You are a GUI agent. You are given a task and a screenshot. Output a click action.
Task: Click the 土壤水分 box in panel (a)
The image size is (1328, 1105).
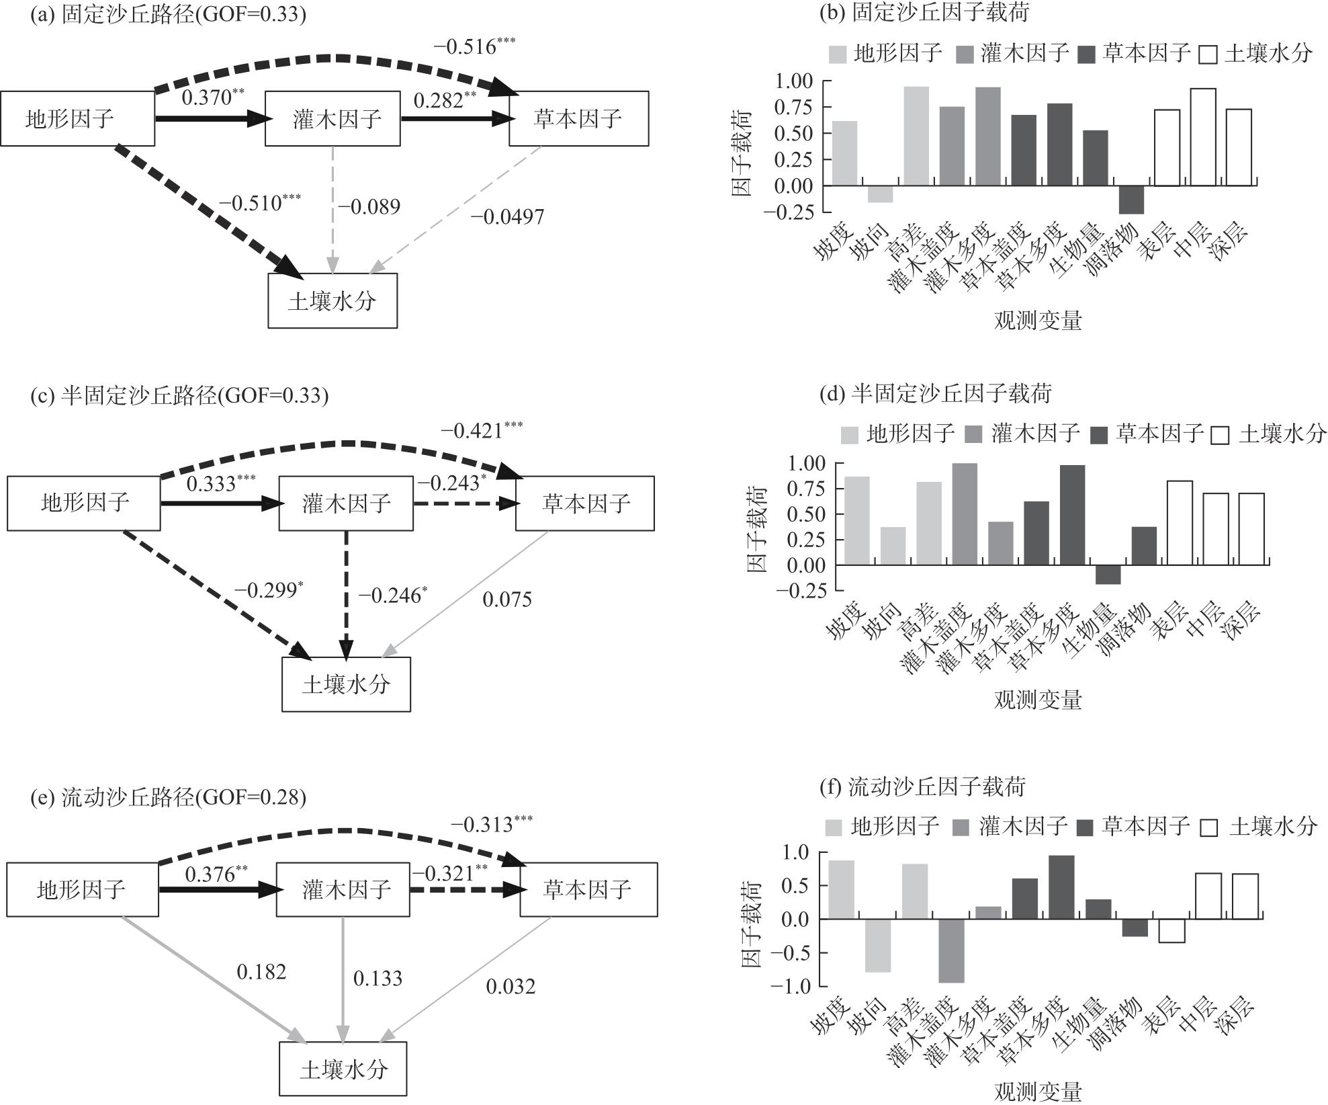[333, 300]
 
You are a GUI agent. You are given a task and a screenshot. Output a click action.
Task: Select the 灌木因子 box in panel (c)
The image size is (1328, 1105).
[346, 503]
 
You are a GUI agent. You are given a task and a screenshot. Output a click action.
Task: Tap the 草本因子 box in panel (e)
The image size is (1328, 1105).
[588, 889]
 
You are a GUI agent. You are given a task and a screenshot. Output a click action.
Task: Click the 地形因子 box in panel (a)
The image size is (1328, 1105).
[77, 119]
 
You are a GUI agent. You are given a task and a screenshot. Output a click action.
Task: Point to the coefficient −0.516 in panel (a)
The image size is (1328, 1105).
[474, 46]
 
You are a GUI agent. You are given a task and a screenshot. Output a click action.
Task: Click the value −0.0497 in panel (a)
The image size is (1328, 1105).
[507, 216]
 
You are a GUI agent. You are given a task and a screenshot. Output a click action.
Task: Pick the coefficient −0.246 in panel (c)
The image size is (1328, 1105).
[392, 595]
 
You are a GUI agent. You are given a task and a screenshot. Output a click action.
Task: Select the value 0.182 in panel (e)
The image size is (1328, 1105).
[261, 972]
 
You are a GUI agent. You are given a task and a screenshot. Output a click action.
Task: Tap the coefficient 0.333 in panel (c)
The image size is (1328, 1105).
[221, 483]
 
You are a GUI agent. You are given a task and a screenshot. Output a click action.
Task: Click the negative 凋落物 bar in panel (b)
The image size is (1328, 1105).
[1131, 200]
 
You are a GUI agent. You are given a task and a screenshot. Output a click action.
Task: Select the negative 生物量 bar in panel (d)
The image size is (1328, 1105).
[1108, 575]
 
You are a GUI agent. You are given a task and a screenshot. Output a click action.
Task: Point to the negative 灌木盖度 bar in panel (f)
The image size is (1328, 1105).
[951, 950]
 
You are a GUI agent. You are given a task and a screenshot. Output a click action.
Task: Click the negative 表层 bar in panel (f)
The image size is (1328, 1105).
[1172, 931]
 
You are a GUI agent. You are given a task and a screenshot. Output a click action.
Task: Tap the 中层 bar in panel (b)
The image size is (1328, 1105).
[1203, 137]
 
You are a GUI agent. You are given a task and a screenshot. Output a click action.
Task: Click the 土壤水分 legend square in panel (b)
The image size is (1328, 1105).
[1207, 54]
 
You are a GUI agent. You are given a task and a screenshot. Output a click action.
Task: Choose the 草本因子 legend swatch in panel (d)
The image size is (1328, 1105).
[1100, 435]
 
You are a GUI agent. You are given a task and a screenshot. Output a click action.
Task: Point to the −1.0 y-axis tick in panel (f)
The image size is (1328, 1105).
[795, 986]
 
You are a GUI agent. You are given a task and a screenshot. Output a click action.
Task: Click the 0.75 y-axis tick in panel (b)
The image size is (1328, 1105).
[795, 107]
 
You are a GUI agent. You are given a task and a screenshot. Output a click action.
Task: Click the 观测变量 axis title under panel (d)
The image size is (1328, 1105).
[1038, 700]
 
